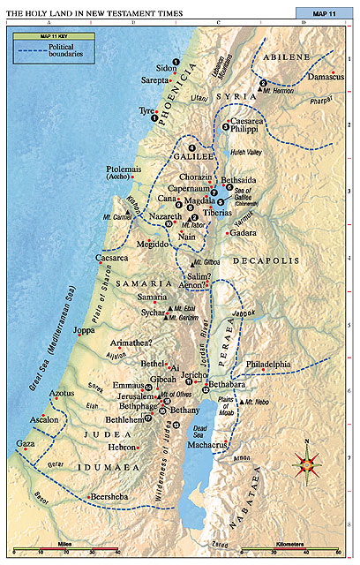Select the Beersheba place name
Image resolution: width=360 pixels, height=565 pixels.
[114, 498]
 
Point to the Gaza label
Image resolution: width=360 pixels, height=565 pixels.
[26, 443]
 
